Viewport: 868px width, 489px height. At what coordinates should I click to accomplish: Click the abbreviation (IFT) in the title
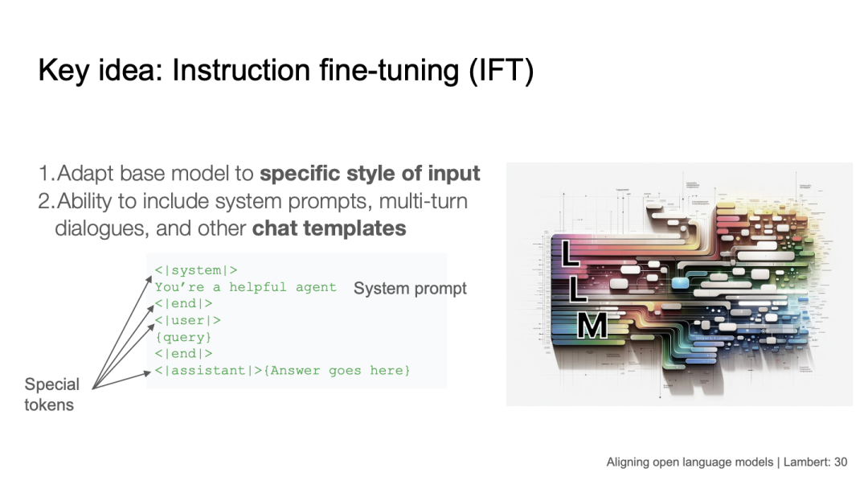tap(502, 71)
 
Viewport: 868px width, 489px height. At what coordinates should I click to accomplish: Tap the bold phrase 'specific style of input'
tap(370, 173)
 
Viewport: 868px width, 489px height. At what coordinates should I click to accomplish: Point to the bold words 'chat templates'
tap(329, 228)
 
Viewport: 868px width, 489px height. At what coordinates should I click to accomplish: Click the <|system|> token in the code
tap(196, 270)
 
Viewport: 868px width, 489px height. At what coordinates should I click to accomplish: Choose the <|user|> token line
tap(188, 320)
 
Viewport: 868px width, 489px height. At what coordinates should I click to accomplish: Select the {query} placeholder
tap(183, 337)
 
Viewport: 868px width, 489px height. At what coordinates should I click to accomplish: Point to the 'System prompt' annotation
tap(410, 288)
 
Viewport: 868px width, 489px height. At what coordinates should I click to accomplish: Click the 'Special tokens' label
tap(51, 394)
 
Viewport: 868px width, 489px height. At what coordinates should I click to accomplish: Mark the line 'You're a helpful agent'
tap(245, 287)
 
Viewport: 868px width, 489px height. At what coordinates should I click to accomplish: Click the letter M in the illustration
tap(592, 325)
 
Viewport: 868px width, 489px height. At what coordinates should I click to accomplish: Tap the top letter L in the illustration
tap(570, 253)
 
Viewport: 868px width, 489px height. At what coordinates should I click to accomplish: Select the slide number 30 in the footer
tap(841, 462)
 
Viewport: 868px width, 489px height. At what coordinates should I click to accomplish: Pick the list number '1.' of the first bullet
tap(47, 173)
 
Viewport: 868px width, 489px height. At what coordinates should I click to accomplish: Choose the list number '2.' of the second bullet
tap(47, 200)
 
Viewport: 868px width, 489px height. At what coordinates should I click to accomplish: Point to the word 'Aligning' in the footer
tap(628, 462)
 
